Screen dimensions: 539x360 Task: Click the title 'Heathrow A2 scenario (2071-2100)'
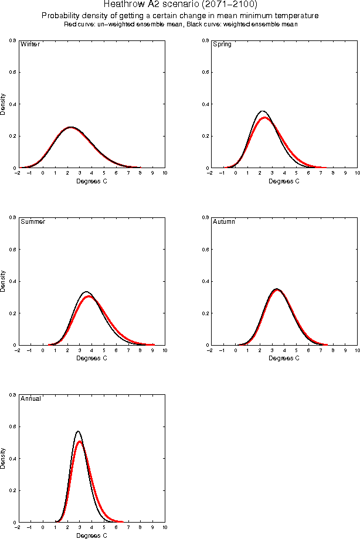tap(180, 5)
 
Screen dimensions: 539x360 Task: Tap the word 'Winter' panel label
tap(30, 45)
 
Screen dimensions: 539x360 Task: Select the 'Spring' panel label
tap(223, 45)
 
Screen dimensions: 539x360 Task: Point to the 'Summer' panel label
tap(33, 222)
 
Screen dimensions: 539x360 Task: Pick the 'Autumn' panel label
tap(224, 222)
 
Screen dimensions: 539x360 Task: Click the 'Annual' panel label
tap(30, 399)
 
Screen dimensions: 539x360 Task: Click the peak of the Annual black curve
tap(77, 431)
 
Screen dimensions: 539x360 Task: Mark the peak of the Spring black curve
tap(263, 111)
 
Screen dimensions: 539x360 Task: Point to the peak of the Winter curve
tap(70, 127)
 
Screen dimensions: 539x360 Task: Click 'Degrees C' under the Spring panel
tap(284, 182)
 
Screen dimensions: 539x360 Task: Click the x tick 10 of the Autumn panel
tap(356, 350)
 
